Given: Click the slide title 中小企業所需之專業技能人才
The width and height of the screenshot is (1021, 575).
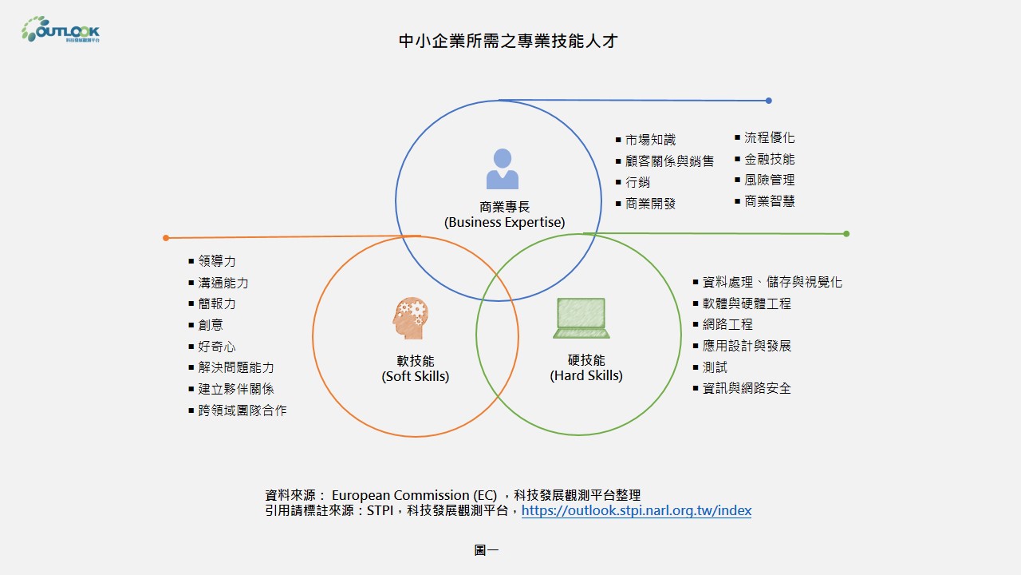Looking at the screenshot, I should [x=508, y=41].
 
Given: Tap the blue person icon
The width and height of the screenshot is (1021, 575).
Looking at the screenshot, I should [x=503, y=169].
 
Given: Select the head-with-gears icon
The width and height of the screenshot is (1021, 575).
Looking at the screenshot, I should [x=411, y=318].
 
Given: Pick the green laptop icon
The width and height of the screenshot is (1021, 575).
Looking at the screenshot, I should [x=581, y=318].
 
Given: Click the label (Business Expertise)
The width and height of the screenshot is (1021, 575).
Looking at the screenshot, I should [x=504, y=223].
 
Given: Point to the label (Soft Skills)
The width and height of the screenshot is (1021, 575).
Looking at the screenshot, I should [x=415, y=376].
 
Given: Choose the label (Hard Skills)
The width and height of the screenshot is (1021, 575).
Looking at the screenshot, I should [x=586, y=375].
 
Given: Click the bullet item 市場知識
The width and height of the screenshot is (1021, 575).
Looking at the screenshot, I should [x=650, y=140].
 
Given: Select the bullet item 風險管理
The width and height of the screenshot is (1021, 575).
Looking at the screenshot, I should [x=769, y=180].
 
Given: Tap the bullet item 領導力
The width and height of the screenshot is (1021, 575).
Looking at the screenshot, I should [x=217, y=262].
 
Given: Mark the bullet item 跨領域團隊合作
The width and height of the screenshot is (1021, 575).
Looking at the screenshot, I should [x=242, y=410].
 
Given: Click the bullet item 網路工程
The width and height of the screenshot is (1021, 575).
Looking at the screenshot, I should [x=727, y=325].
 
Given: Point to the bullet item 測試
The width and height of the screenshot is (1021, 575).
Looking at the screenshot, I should [x=714, y=367].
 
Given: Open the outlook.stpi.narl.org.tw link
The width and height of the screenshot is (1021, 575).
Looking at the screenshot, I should [x=636, y=511].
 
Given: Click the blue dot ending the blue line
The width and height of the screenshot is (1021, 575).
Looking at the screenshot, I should [x=768, y=101].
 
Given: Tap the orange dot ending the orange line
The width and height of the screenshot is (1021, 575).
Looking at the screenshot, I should [x=166, y=238].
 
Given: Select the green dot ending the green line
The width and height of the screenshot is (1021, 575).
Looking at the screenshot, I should [x=846, y=234].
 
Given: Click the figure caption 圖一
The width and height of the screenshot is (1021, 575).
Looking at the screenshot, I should [x=486, y=550].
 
